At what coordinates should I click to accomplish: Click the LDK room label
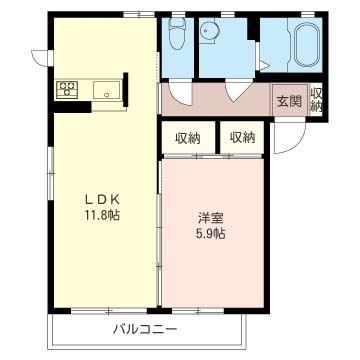coord(101,200)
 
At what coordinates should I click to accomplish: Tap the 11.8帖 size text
coord(101,215)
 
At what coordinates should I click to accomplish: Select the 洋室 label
coord(210,219)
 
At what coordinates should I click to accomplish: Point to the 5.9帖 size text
coord(210,234)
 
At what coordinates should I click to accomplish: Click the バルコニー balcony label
coord(145,330)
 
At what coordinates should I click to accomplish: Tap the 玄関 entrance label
coord(289,101)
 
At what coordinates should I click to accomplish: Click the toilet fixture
coord(177,33)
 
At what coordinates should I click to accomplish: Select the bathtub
coord(307,45)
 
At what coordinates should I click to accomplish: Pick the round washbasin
coord(209,31)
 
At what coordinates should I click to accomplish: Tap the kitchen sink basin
coord(106,90)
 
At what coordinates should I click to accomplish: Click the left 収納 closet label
coord(188,138)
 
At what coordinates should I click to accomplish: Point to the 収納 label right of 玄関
coord(316,100)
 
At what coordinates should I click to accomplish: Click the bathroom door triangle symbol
coord(264,66)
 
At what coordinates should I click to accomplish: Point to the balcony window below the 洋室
coord(198,311)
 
